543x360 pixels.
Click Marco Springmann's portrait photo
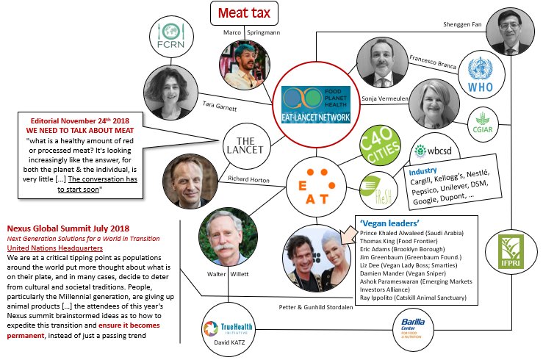tap(244, 65)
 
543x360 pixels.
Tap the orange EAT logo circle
tap(316, 179)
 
